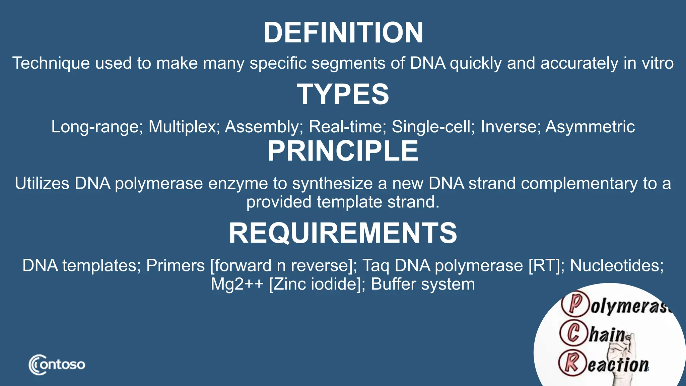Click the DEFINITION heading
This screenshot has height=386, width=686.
coord(343,33)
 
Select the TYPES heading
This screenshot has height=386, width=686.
coord(343,94)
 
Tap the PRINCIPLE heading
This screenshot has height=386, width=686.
coord(343,151)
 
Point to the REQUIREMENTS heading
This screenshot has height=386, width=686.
coord(343,233)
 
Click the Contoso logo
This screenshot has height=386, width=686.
coord(57,365)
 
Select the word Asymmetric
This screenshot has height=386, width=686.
coord(590,127)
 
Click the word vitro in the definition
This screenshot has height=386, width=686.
coord(657,63)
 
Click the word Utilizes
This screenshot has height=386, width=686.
coord(42,184)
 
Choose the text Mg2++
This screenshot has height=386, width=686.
coord(237,284)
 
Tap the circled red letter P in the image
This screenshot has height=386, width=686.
coord(575,304)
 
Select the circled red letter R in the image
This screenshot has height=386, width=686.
coord(572,363)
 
